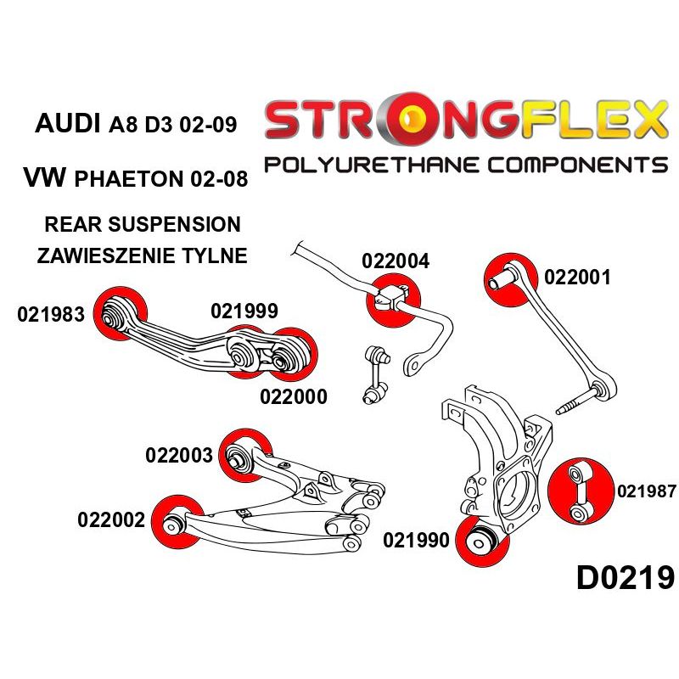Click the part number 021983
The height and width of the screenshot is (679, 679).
(50, 316)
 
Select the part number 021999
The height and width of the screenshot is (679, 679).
(244, 311)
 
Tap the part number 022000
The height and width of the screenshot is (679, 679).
(293, 396)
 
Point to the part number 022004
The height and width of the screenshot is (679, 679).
(396, 261)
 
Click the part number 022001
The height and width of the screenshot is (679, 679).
(577, 277)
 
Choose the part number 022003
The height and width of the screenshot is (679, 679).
(179, 455)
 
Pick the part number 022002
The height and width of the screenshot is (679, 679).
(110, 519)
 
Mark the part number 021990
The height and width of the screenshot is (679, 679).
(416, 540)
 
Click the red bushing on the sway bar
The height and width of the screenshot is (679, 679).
(392, 299)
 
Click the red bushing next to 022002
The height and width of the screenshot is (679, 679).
(175, 520)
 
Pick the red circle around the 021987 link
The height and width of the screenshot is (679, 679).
(581, 491)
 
